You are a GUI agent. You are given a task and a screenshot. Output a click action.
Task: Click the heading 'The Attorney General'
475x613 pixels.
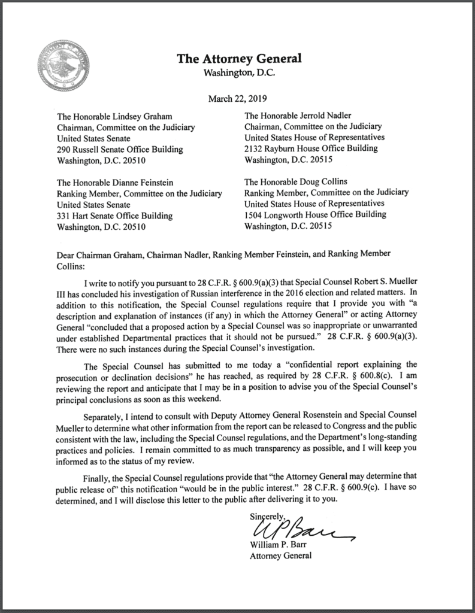(238, 58)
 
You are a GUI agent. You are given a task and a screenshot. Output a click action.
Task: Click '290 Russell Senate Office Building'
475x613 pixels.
(120, 150)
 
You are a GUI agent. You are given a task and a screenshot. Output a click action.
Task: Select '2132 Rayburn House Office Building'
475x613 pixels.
(311, 148)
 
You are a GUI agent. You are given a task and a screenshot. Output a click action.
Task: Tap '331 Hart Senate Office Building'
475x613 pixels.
(114, 216)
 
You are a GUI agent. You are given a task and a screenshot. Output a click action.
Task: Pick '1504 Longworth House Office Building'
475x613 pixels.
(316, 216)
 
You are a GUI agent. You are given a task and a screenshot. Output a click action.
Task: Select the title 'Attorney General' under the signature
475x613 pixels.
(281, 556)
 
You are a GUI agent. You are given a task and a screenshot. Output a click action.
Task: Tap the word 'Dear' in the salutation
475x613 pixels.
(66, 254)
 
